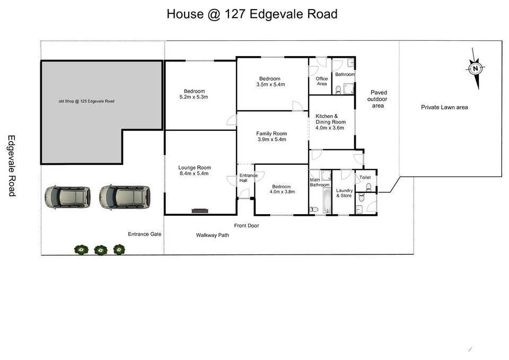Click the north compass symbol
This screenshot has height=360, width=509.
476,68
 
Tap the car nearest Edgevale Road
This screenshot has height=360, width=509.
67,197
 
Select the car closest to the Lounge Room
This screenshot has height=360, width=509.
125,197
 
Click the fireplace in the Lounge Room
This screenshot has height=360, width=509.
200,211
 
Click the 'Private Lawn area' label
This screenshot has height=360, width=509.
444,108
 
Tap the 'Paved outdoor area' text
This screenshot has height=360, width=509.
378,99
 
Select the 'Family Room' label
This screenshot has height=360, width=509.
271,134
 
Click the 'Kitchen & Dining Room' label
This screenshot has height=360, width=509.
330,119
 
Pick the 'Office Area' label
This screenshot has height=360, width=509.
322,81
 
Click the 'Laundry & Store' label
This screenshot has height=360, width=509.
344,193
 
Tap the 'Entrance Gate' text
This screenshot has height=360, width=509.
144,234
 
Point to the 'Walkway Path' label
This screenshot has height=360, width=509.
212,235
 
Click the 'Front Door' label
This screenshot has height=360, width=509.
247,226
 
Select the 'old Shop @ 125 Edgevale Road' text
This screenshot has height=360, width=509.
86,101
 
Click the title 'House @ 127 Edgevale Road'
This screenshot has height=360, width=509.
252,14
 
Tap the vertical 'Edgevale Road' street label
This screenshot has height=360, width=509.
12,166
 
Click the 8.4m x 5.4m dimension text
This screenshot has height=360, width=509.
194,173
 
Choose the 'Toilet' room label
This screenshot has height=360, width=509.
365,177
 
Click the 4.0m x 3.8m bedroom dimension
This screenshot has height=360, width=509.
282,192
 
